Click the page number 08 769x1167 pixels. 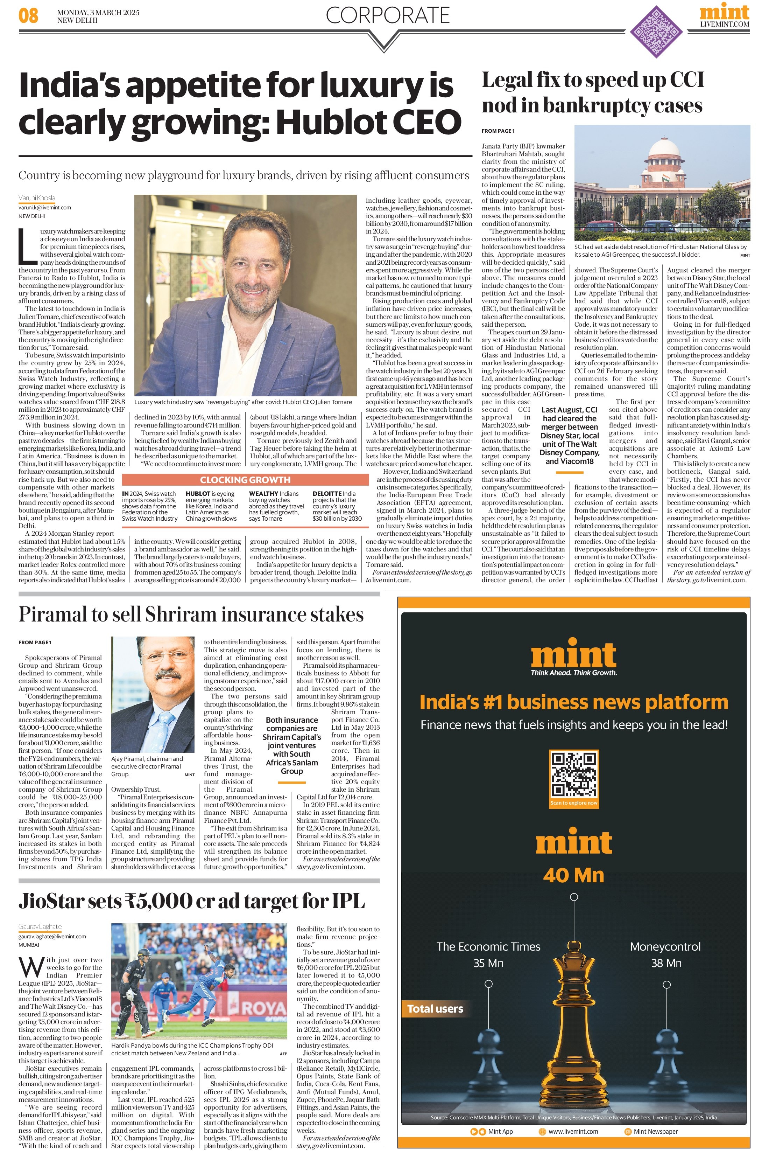pyautogui.click(x=28, y=16)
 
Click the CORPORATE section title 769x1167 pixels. pyautogui.click(x=387, y=15)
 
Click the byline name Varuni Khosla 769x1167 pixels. pyautogui.click(x=37, y=198)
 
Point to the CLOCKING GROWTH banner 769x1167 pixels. pyautogui.click(x=245, y=479)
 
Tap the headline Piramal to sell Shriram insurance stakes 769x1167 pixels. pyautogui.click(x=191, y=614)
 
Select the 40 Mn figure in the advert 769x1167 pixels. pyautogui.click(x=573, y=875)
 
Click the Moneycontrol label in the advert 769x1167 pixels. pyautogui.click(x=665, y=946)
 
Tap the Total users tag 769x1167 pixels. pyautogui.click(x=435, y=1008)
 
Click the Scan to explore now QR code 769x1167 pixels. pyautogui.click(x=574, y=776)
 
